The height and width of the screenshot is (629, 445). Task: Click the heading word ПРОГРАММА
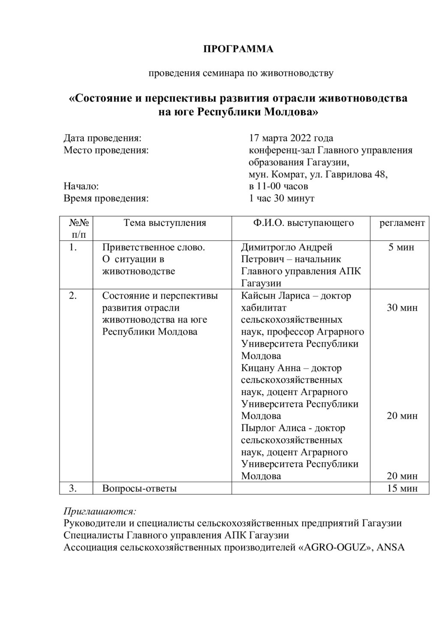point(238,49)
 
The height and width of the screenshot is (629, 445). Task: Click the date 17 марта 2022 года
point(291,138)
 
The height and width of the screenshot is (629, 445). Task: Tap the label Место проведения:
point(106,150)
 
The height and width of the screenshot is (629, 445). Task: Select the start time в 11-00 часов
point(278,186)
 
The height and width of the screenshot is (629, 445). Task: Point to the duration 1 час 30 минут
point(281,198)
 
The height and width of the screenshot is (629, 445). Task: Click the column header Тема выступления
point(165,223)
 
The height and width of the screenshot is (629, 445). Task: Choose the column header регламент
point(402,223)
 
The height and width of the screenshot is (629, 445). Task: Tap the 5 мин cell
point(401,247)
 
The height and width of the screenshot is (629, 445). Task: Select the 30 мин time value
point(402,308)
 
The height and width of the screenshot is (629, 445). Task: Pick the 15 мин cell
point(402,488)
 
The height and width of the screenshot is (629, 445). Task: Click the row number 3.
point(73,488)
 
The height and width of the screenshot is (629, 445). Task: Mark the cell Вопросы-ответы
point(140,488)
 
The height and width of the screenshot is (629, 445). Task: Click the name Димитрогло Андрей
point(287,247)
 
